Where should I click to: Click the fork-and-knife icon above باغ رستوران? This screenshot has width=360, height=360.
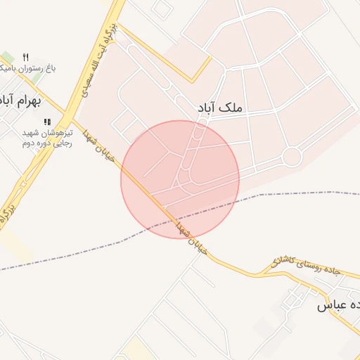[26, 56]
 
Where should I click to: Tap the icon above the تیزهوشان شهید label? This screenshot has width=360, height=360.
[47, 121]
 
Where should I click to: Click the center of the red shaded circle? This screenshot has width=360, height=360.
[180, 179]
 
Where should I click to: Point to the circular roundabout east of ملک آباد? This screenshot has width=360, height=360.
[291, 156]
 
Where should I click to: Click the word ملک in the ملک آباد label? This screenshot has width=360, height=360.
[229, 108]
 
